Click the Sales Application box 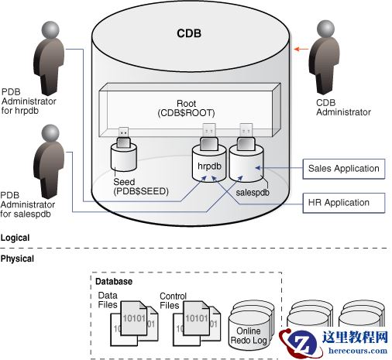point(343,168)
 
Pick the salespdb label point(256,189)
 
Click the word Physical point(18,259)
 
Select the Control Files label point(173,300)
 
